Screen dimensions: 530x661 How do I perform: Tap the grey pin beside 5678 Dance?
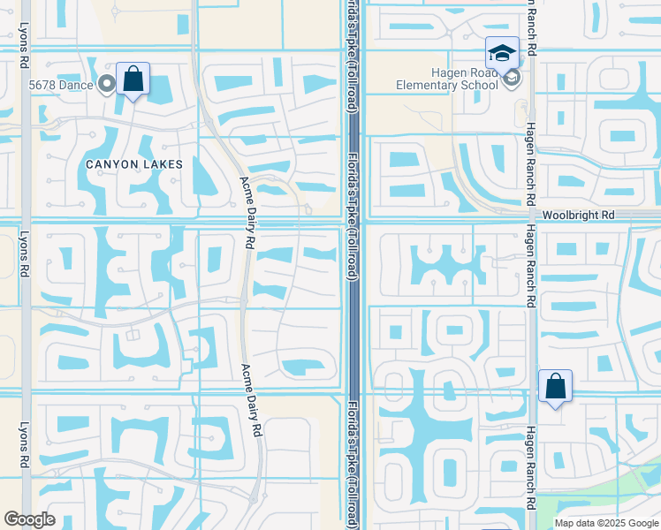point(108,85)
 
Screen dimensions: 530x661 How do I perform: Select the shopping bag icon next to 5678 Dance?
point(133,79)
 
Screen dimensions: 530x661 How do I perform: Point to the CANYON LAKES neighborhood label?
point(134,164)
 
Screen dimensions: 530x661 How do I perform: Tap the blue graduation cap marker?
point(501,53)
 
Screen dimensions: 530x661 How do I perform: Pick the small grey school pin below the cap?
point(511,79)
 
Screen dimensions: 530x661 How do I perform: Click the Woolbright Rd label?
point(578,216)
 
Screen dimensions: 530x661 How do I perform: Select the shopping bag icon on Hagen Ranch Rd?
point(555,387)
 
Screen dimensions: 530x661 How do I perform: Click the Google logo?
point(29,519)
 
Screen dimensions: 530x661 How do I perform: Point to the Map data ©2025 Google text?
point(605,523)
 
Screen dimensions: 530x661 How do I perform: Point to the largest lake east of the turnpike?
point(442,424)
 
